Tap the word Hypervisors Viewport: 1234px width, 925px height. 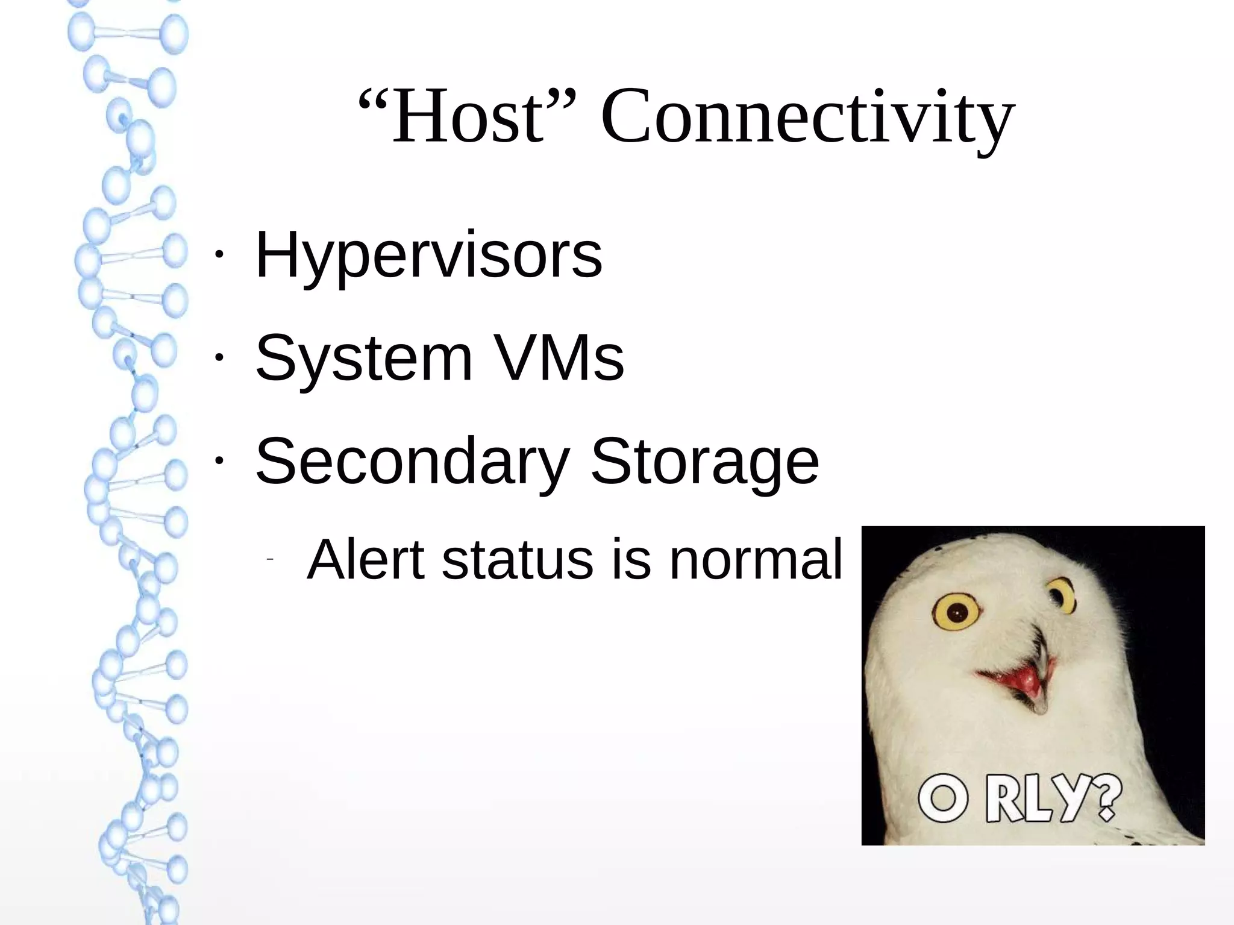click(x=428, y=256)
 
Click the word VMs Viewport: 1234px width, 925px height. click(x=560, y=359)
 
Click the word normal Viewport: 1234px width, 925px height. click(x=756, y=560)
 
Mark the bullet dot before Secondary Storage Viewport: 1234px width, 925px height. click(x=219, y=460)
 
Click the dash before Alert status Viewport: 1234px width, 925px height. click(x=270, y=560)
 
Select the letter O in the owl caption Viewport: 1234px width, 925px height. click(x=943, y=800)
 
